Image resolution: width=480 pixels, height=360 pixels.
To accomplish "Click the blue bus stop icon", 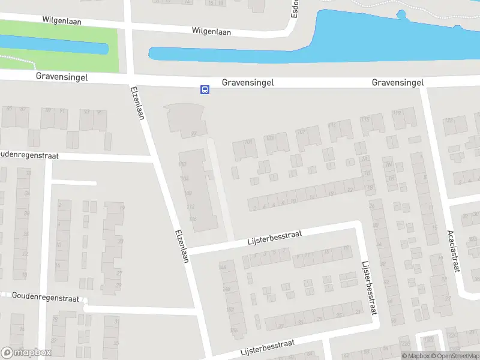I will [x=205, y=90].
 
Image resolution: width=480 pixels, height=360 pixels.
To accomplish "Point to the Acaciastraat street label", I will [x=452, y=250].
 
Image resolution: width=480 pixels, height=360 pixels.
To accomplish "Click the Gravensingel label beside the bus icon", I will [x=248, y=83].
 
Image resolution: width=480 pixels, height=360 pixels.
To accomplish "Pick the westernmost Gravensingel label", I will [x=62, y=76].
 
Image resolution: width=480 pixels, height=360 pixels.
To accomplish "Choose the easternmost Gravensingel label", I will [x=398, y=82].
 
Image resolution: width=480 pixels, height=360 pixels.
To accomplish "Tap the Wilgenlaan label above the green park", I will [x=62, y=20].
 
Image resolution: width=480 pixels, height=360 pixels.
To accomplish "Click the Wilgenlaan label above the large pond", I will [x=212, y=30].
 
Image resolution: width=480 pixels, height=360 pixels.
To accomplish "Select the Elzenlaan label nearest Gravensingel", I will [x=137, y=103].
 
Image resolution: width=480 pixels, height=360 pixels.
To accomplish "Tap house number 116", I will [x=193, y=219].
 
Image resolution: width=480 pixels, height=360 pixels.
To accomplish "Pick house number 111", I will [x=332, y=125].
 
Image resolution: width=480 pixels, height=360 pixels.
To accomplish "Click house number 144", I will [x=224, y=266].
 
